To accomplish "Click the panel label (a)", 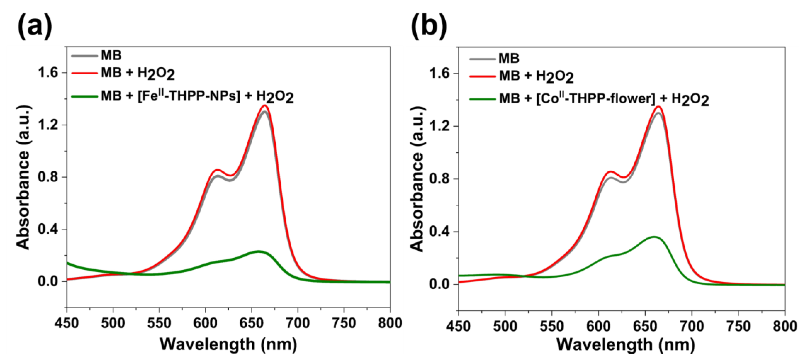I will (34, 25).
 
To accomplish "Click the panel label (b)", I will (429, 25).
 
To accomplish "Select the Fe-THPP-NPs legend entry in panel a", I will (197, 97).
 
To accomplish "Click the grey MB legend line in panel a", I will (84, 56).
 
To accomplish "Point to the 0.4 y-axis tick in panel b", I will (439, 232).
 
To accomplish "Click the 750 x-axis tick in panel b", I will (738, 326).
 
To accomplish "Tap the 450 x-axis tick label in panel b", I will (458, 326).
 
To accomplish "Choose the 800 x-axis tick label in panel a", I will (390, 323).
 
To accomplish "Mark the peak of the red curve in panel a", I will (265, 105).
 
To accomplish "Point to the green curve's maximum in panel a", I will (258, 251).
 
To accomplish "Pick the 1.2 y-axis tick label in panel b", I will (439, 126).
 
